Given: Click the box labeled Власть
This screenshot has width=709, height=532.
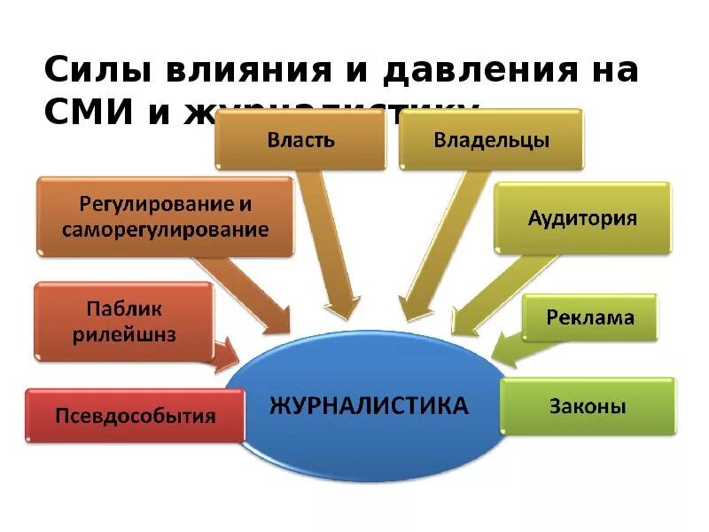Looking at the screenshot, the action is coord(300,139).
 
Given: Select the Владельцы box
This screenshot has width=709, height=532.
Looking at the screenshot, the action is coord(491,139).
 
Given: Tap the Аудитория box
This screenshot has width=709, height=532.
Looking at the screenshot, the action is coord(582,218).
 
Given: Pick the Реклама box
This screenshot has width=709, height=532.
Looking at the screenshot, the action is coord(590,317).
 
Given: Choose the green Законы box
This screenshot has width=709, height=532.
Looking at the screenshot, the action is coord(588,407).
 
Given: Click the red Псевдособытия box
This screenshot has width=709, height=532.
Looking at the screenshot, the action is coord(135,415).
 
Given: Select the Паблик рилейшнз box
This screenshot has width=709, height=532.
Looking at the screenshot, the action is coord(124,321).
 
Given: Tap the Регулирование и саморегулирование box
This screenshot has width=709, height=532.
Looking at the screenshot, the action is coord(165,216).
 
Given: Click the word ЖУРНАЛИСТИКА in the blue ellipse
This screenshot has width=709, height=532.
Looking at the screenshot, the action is coord(368,407).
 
